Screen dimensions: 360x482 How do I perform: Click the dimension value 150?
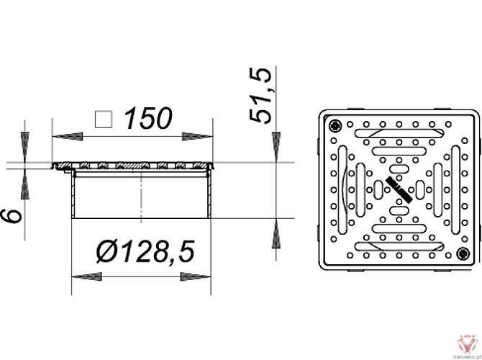(x=148, y=117)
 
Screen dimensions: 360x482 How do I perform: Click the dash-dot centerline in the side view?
(x=141, y=194)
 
